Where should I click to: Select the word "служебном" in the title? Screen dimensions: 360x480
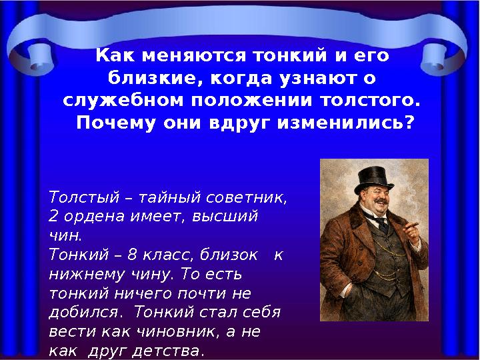coord(115,101)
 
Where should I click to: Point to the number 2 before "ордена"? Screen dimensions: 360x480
coord(53,217)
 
